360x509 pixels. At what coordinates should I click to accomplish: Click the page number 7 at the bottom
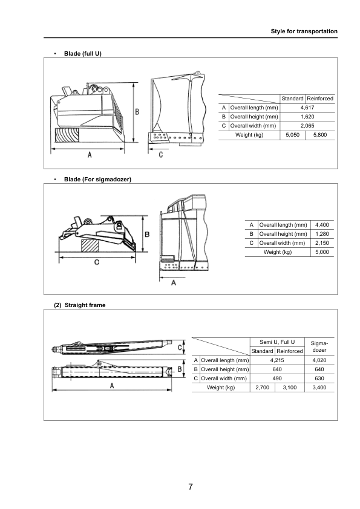pos(191,487)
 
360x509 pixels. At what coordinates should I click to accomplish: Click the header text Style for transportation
pos(304,31)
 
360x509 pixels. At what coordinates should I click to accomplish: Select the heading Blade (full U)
pos(83,54)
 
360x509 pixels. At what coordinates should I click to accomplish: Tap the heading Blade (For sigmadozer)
pos(97,179)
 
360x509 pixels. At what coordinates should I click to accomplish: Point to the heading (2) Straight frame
pos(80,305)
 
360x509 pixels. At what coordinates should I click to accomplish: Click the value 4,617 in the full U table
pos(307,108)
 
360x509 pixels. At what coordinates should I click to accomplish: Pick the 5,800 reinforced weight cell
pos(320,135)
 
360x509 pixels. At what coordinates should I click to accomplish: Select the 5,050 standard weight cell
pos(292,135)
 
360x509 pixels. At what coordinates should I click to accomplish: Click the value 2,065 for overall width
pos(307,126)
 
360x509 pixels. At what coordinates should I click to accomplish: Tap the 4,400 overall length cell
pos(322,225)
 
